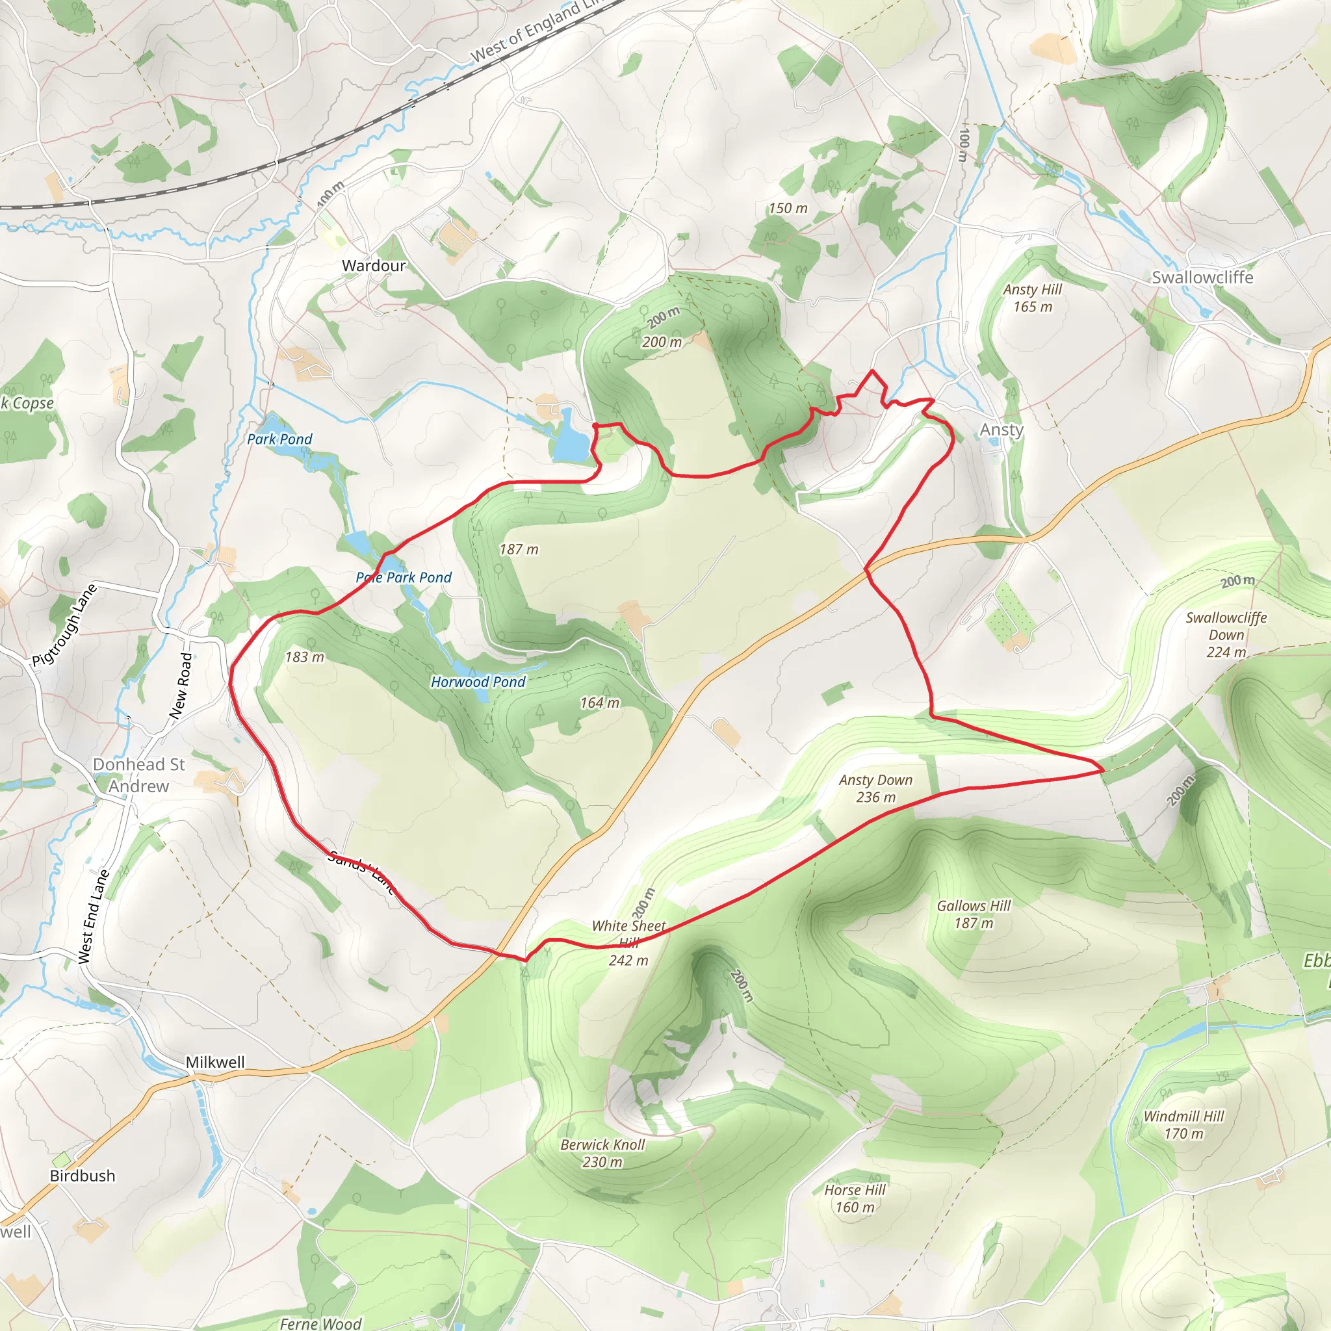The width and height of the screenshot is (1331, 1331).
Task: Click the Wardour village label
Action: [x=374, y=265]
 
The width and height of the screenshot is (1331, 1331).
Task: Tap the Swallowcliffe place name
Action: [x=1202, y=277]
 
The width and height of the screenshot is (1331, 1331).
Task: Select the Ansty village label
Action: [x=1001, y=429]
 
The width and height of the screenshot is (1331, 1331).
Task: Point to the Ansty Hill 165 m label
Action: [x=1032, y=298]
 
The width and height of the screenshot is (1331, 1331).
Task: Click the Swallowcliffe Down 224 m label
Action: [x=1226, y=634]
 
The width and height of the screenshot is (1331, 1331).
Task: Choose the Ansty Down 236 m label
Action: [x=875, y=788]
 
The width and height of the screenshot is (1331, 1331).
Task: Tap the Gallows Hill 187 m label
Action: [x=973, y=914]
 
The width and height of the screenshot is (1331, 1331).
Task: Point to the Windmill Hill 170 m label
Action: [x=1183, y=1124]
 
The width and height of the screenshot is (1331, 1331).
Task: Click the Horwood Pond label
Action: [x=478, y=681]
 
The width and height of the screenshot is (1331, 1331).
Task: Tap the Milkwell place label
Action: [x=215, y=1062]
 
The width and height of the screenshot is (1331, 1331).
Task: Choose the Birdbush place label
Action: [x=82, y=1175]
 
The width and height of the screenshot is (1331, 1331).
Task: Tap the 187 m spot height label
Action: [x=518, y=549]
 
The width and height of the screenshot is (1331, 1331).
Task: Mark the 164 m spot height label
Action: [x=599, y=703]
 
